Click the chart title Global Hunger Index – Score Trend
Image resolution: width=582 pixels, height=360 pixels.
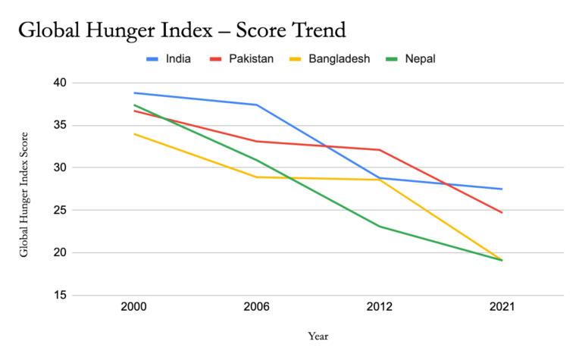point(182,31)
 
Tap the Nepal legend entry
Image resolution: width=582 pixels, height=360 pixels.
point(419,58)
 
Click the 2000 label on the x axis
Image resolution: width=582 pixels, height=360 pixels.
point(133,308)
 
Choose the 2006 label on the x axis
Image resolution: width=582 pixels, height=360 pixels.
point(256,308)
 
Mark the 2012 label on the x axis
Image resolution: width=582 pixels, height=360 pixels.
point(379,308)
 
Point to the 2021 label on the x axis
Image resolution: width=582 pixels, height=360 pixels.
point(502,308)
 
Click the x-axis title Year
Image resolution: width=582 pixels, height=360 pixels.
point(318,336)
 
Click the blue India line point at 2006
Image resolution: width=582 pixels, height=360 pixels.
point(256,105)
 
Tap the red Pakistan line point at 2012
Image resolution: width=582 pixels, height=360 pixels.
point(379,149)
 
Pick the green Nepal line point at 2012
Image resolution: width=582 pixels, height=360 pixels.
point(379,226)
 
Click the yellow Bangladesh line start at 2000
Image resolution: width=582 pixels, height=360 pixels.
point(133,133)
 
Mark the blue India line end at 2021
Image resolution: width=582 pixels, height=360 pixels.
point(502,189)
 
